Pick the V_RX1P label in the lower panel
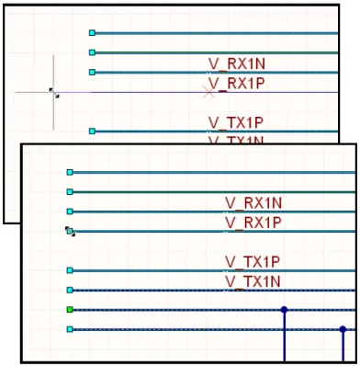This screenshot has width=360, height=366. pos(254,223)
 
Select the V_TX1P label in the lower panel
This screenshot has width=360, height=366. pos(254,262)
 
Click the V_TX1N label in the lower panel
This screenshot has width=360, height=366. pos(254,280)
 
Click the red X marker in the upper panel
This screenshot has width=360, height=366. pos(209,92)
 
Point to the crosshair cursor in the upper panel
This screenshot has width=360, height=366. pos(53,92)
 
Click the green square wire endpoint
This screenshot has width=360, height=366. pos(70,310)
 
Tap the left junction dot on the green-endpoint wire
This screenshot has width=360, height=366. pos(284,310)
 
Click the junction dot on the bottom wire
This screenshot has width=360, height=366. pos(343,329)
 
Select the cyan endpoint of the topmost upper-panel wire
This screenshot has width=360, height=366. pos(92,33)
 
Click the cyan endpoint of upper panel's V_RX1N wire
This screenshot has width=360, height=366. pos(92,72)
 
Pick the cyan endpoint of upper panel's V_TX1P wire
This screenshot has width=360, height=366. pos(92,132)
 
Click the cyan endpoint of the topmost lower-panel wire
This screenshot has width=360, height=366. pos(70,172)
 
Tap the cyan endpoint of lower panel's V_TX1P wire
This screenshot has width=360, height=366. pos(70,270)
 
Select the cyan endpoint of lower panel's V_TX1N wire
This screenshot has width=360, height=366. pos(70,290)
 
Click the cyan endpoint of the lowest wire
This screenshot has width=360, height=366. pos(70,329)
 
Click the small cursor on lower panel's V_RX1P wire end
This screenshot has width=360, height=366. pos(70,232)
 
